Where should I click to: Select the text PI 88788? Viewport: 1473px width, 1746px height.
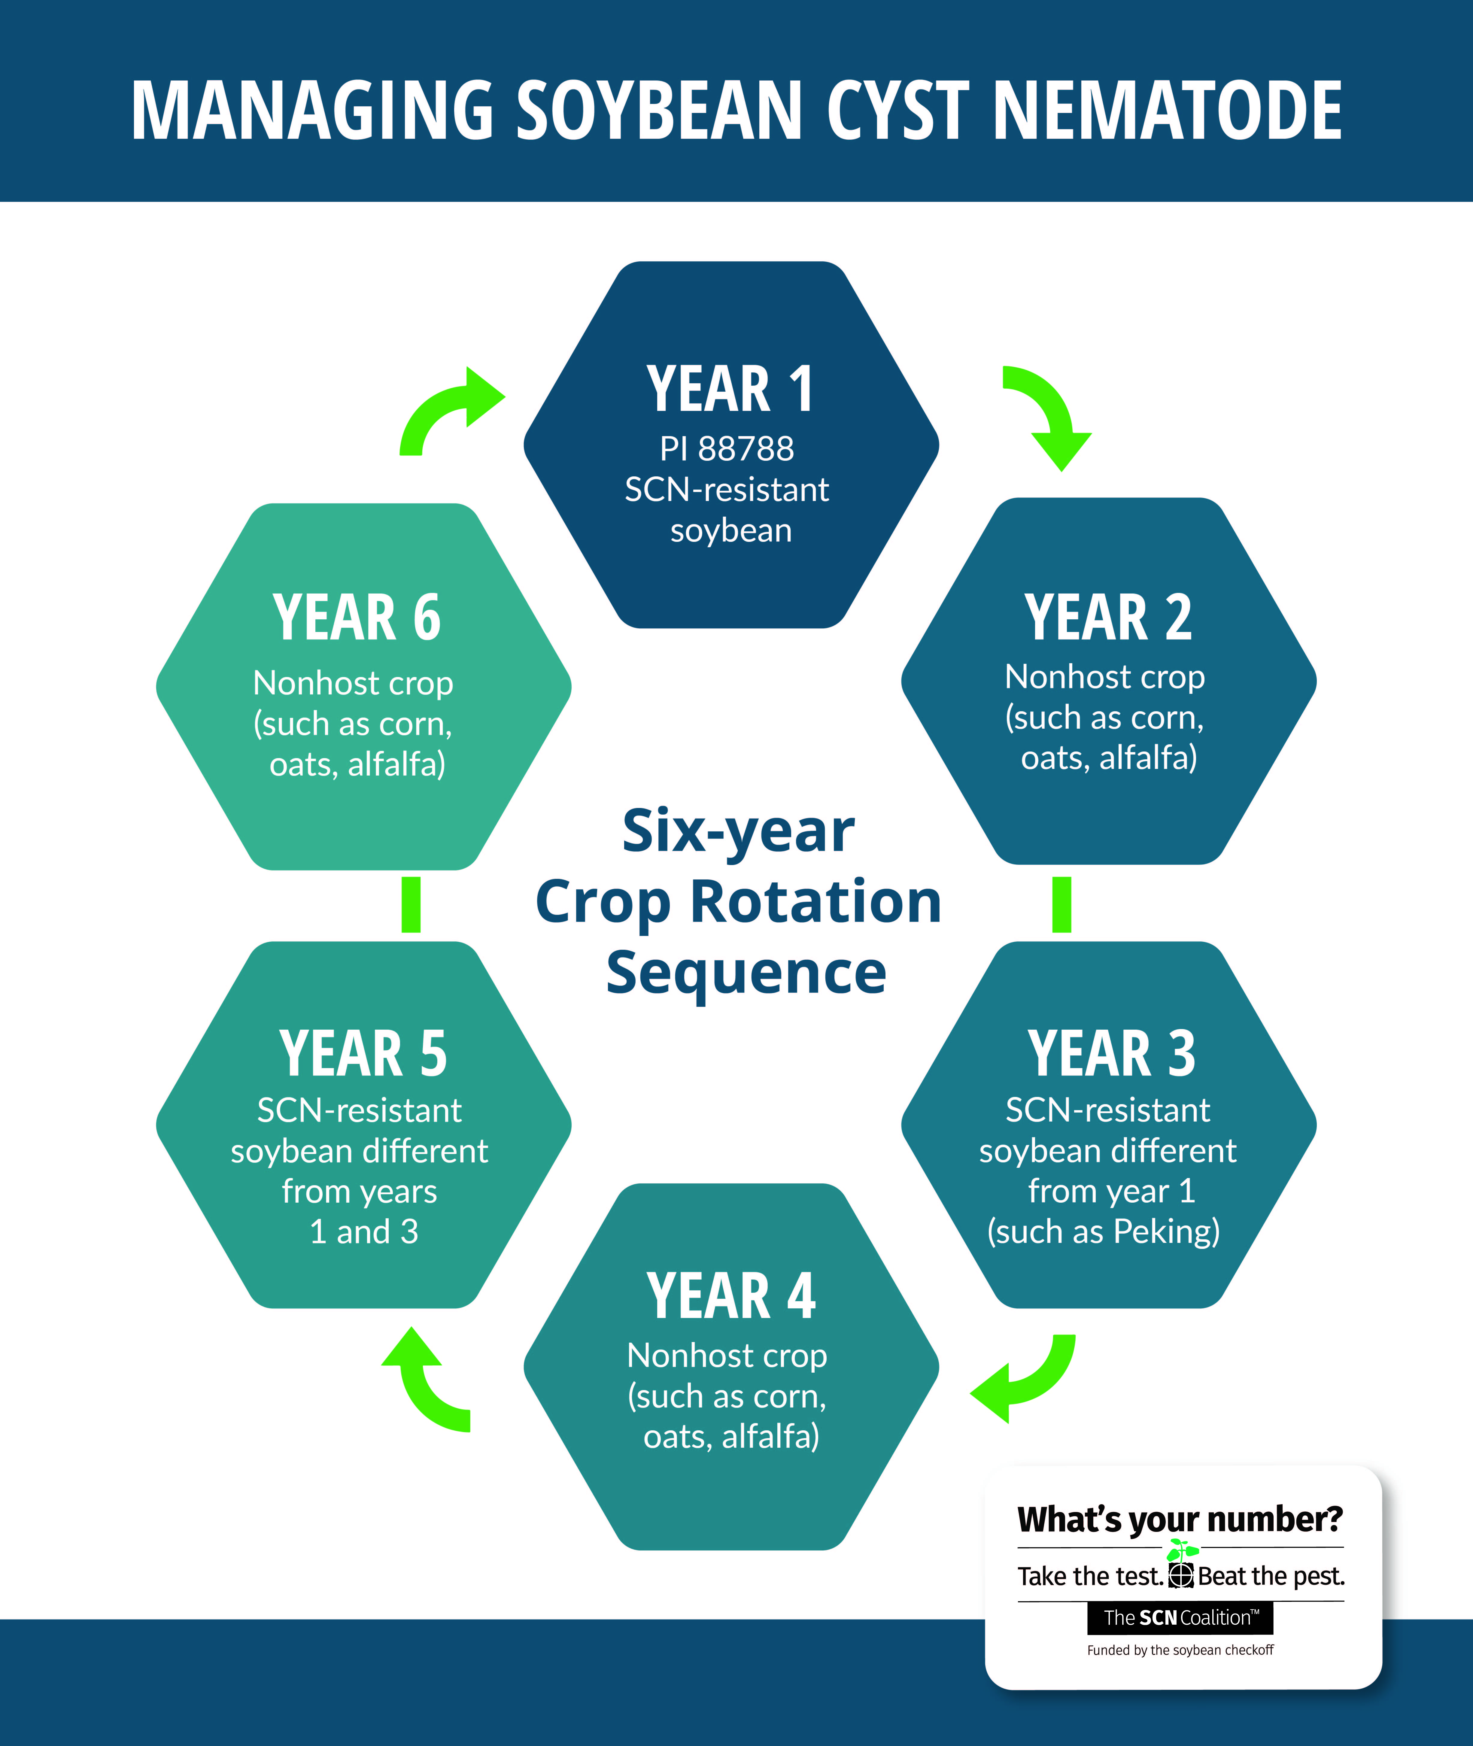[x=727, y=448]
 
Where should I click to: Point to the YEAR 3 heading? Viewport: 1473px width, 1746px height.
[x=1111, y=1054]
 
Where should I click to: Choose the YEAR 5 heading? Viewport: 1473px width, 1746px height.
[x=363, y=1054]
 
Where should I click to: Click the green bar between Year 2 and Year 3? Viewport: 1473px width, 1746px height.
[x=1061, y=904]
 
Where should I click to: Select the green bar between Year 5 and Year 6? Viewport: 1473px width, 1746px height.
[x=411, y=904]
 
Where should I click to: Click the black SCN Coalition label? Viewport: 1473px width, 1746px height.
[x=1180, y=1617]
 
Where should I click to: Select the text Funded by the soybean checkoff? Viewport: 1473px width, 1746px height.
[x=1180, y=1650]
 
